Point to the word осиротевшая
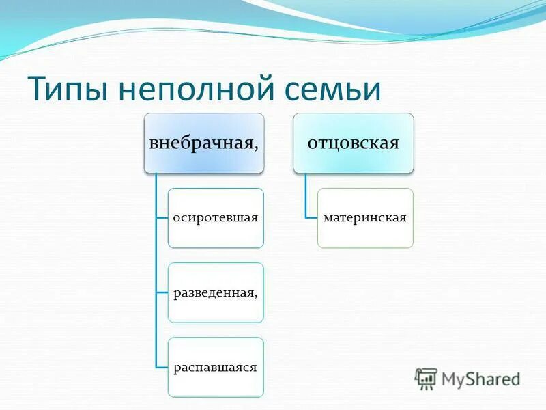point(216,218)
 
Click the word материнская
point(365,218)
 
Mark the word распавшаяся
point(216,367)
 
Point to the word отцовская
point(354,143)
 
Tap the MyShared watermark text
point(480,378)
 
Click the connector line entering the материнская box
point(311,218)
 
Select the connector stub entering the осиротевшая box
point(162,218)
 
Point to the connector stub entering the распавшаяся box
point(162,367)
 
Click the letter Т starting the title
point(36,90)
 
